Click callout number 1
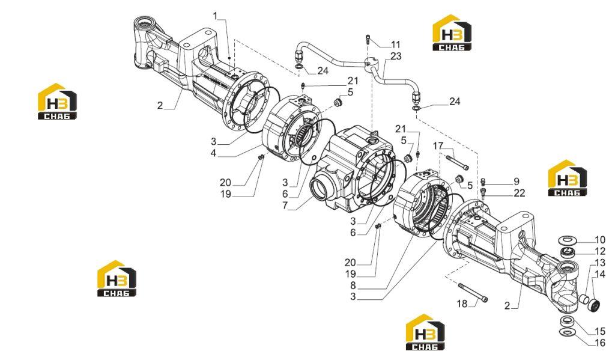(x=216, y=16)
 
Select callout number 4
(x=213, y=153)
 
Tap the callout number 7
(x=285, y=206)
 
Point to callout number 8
(x=353, y=285)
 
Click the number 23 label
(x=396, y=56)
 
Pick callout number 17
(x=438, y=146)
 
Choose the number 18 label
(x=462, y=304)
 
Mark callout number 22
(x=520, y=193)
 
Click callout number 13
(x=600, y=263)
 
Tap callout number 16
(x=600, y=343)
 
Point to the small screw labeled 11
(x=368, y=39)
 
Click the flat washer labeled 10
(x=567, y=239)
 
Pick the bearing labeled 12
(x=567, y=252)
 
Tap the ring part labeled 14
(x=593, y=305)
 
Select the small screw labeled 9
(x=483, y=181)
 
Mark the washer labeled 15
(x=567, y=320)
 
